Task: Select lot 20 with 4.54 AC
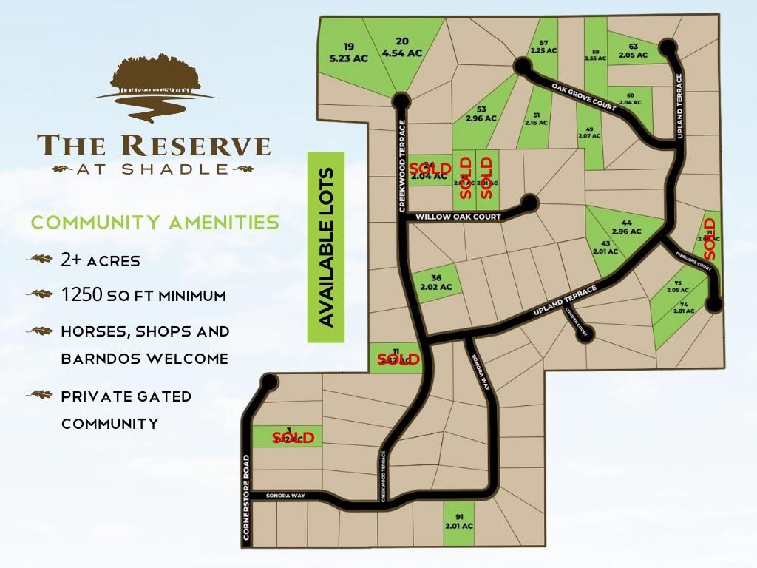(x=402, y=47)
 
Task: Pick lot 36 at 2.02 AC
(x=435, y=282)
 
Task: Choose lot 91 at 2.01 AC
(x=458, y=521)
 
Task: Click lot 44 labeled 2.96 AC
(x=626, y=226)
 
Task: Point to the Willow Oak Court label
(x=459, y=217)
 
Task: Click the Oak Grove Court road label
(x=583, y=97)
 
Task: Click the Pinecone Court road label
(x=694, y=262)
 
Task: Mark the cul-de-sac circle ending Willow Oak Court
(x=529, y=203)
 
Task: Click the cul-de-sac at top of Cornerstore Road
(x=269, y=382)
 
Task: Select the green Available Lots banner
(x=326, y=248)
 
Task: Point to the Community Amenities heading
(x=155, y=222)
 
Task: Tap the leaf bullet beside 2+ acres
(x=39, y=260)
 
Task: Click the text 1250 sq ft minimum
(x=143, y=295)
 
